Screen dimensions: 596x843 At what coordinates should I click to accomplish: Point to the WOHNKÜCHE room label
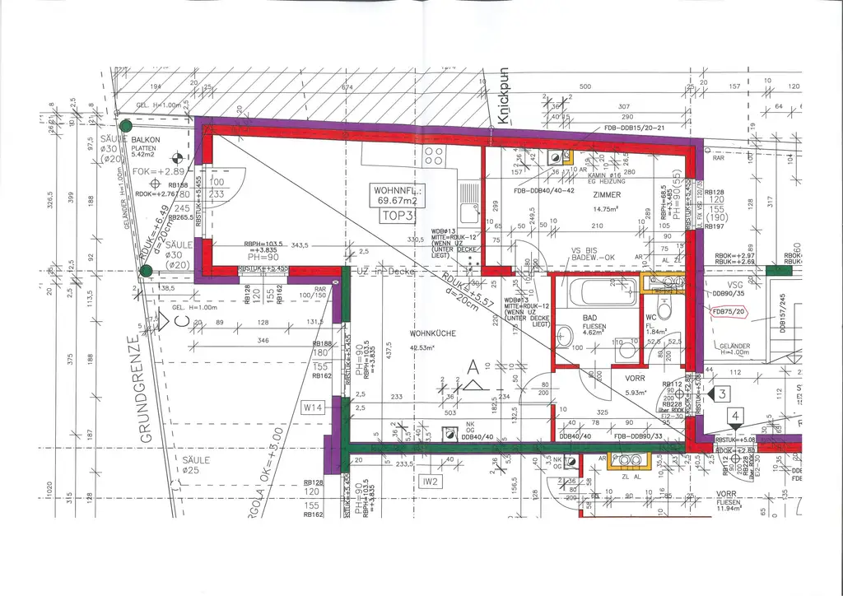(x=432, y=333)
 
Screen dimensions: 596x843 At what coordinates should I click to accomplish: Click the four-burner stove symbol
(x=434, y=156)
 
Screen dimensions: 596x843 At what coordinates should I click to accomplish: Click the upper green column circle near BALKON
(x=125, y=126)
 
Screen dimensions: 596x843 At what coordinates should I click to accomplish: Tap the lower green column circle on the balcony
(x=146, y=271)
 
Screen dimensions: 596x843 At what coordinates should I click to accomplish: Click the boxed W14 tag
(x=313, y=407)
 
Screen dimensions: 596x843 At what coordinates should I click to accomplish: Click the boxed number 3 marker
(x=721, y=394)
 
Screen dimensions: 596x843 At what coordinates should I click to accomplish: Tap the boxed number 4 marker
(x=734, y=417)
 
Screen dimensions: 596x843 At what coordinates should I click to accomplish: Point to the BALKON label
(x=146, y=140)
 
